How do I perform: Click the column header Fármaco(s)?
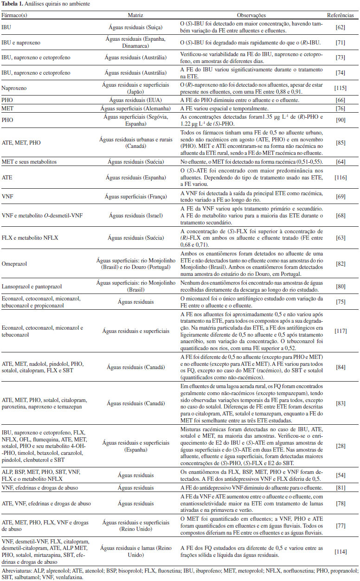coord(14,15)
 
